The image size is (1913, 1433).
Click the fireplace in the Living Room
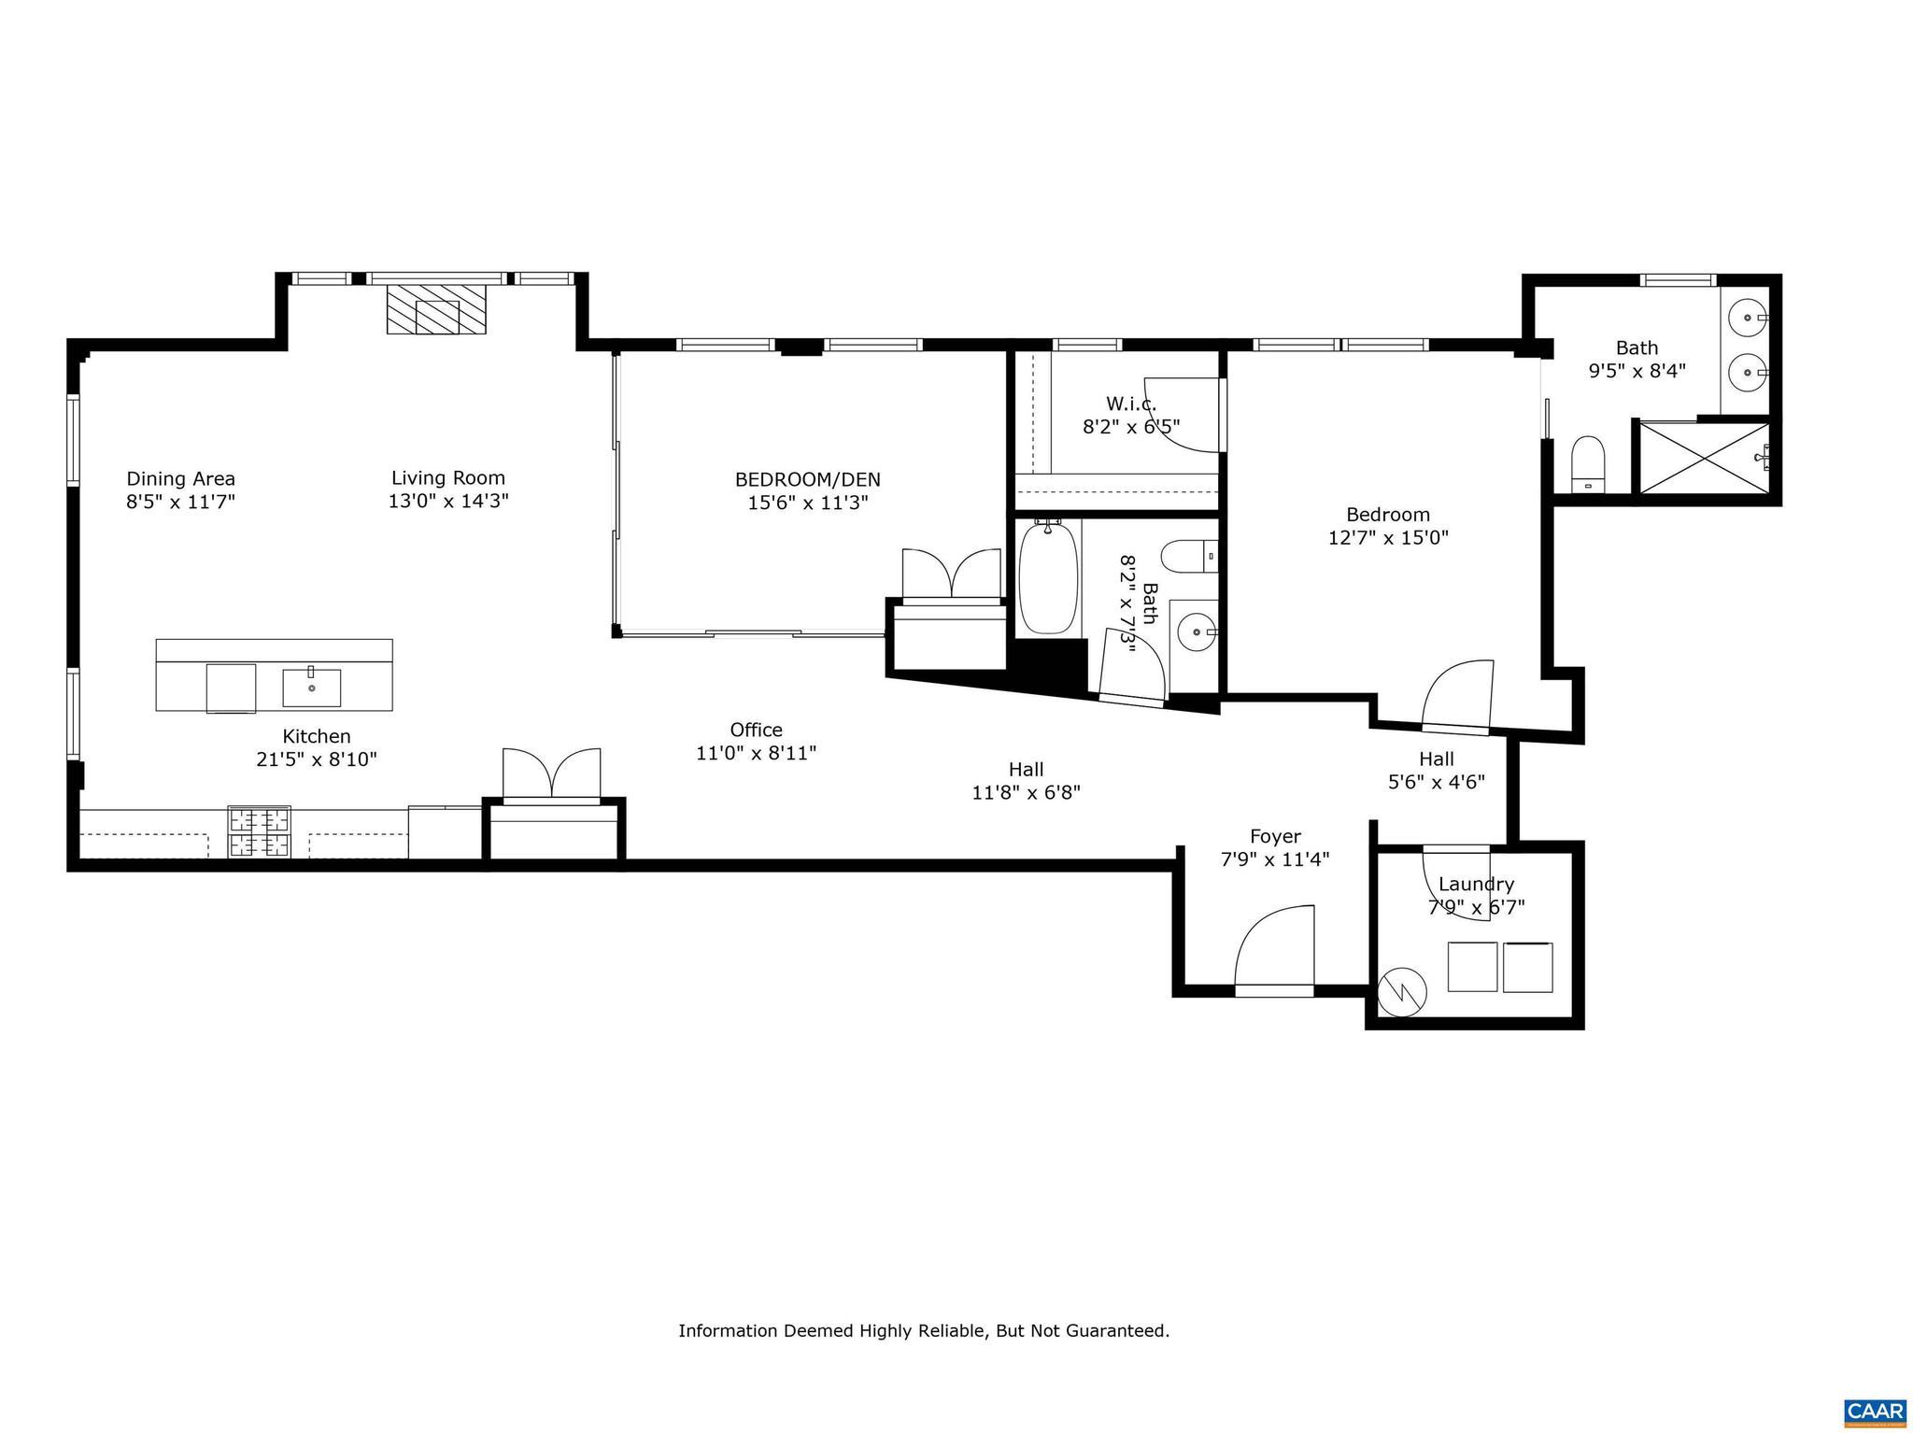437,309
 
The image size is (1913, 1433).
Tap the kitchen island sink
311,688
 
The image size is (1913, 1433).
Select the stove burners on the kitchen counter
260,831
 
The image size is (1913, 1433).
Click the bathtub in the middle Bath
1048,578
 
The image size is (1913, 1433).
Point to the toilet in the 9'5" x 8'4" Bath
1587,463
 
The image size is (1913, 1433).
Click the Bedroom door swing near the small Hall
1457,696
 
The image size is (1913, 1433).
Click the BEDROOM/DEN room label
807,480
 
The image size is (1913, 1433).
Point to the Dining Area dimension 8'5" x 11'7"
180,502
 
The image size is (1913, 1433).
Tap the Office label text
756,730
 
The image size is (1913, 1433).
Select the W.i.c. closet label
1131,404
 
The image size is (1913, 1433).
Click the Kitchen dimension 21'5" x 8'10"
316,759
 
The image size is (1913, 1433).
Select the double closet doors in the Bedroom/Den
951,574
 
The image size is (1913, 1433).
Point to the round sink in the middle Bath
1195,632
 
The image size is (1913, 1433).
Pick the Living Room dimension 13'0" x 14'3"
448,502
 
